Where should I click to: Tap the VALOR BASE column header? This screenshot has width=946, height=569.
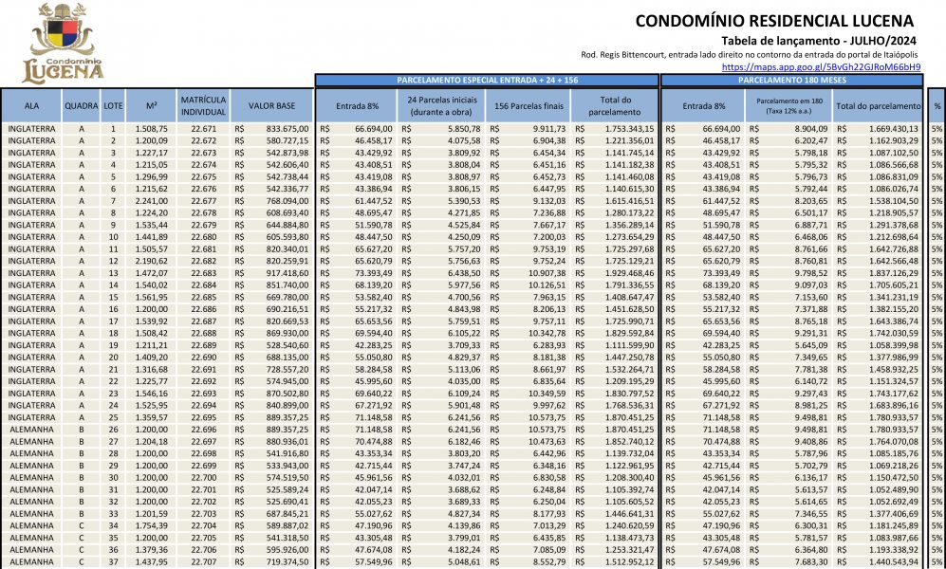tap(271, 105)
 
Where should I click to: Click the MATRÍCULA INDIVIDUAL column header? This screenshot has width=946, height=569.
tap(202, 105)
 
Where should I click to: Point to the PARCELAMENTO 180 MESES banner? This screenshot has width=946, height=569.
tap(792, 81)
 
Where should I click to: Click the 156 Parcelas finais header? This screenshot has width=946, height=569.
tap(526, 105)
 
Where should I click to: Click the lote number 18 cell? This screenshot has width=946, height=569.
tap(113, 335)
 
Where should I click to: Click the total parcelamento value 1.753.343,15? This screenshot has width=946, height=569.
tap(621, 128)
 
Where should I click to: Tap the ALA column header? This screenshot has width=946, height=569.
tap(32, 105)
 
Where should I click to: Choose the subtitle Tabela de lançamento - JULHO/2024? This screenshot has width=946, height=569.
tap(821, 40)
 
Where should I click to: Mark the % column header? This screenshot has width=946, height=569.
tap(937, 105)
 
